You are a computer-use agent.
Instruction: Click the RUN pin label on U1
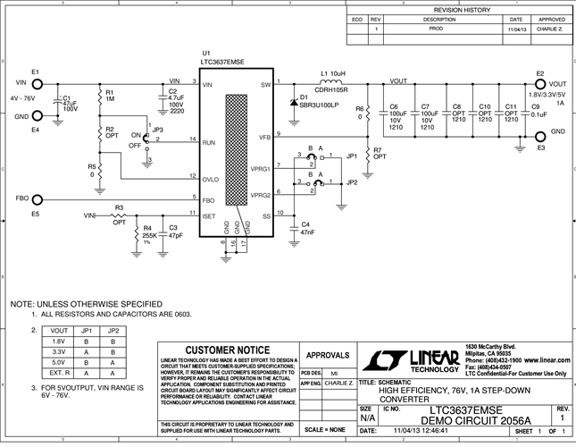click(208, 141)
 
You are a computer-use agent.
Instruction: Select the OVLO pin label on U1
click(211, 179)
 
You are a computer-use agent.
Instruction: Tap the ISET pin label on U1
click(209, 215)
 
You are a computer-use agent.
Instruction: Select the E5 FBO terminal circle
click(37, 198)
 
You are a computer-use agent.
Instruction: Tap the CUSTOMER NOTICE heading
click(226, 350)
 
